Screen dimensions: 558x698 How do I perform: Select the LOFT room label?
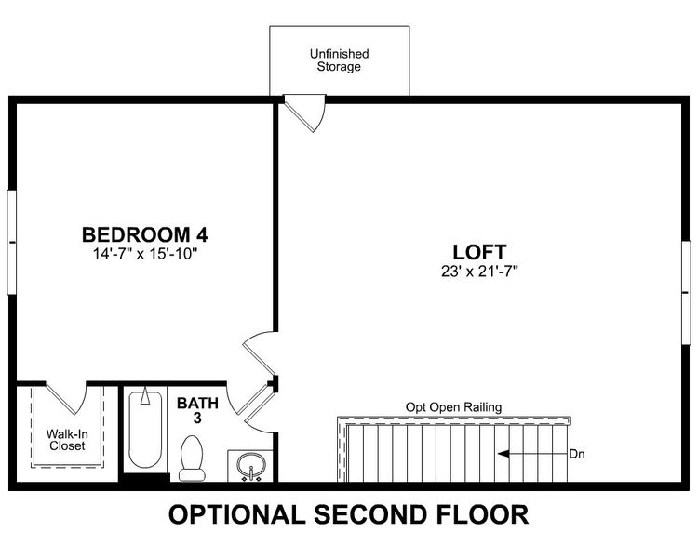tap(479, 252)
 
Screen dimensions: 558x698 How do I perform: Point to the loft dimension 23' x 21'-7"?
tap(479, 272)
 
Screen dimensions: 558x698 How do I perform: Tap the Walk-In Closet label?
tap(66, 440)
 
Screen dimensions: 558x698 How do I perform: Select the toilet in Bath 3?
tap(192, 459)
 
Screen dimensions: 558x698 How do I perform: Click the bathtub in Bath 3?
tap(143, 431)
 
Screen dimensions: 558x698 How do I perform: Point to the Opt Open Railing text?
tap(453, 407)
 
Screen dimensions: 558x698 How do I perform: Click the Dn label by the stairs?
tap(578, 455)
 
